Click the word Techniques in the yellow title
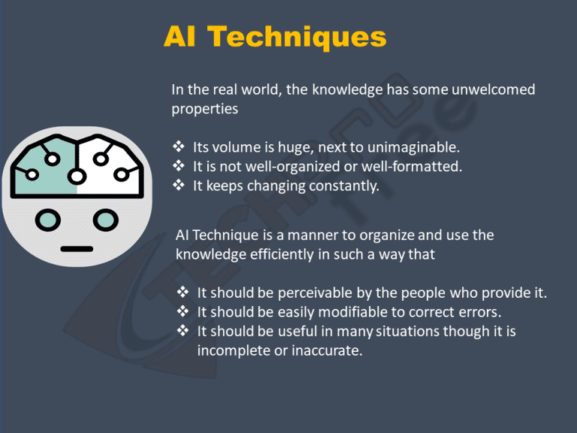297,38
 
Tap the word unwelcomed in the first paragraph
493,89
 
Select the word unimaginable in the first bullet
414,147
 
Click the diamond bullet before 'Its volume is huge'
179,147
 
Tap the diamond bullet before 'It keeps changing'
179,185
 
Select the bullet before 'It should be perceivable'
183,292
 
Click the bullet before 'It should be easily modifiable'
183,311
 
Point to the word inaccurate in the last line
327,350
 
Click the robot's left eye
48,220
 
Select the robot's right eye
106,220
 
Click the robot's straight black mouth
77,249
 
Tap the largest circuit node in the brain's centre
77,177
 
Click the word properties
204,109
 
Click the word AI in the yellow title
180,37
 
